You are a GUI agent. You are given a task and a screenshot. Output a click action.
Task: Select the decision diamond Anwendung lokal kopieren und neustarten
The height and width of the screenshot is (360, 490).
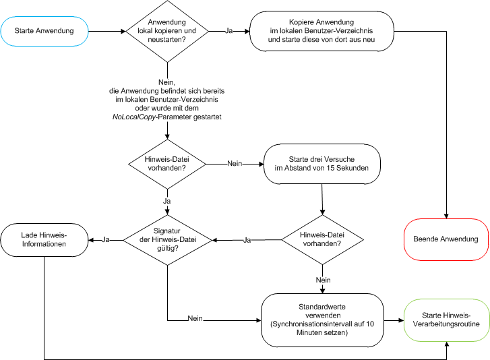pyautogui.click(x=166, y=30)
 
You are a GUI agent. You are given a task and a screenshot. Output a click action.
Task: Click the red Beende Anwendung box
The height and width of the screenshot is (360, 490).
pyautogui.click(x=446, y=239)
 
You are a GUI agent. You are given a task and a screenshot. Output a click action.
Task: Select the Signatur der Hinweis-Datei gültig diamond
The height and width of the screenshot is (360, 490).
pyautogui.click(x=166, y=239)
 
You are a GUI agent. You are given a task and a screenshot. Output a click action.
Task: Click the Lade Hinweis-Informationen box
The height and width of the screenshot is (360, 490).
pyautogui.click(x=44, y=239)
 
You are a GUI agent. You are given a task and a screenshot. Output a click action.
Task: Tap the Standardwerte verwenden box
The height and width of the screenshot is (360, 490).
pyautogui.click(x=326, y=314)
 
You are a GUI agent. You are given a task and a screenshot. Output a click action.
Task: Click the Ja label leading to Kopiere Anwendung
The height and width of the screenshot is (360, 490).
pyautogui.click(x=229, y=31)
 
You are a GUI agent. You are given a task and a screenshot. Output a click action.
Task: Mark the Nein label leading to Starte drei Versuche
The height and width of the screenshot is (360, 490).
pyautogui.click(x=235, y=163)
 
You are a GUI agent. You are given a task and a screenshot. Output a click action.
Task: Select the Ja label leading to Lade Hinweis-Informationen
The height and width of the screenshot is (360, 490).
pyautogui.click(x=106, y=239)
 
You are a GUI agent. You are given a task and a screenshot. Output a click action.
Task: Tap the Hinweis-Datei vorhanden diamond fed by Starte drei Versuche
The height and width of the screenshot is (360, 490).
pyautogui.click(x=322, y=239)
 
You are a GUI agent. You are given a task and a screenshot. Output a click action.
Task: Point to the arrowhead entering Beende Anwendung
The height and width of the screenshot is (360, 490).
pyautogui.click(x=446, y=216)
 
